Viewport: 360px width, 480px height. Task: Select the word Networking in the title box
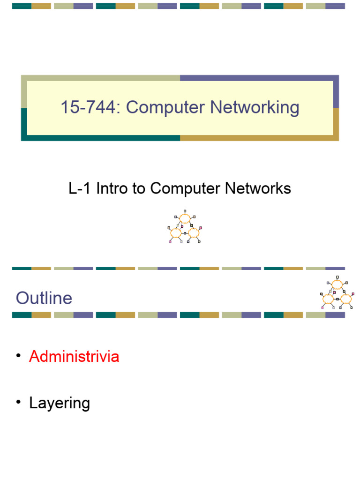click(x=255, y=108)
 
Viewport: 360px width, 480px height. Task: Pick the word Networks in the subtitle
click(x=258, y=188)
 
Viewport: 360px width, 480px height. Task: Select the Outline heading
click(x=44, y=298)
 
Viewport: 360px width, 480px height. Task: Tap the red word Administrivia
click(x=74, y=356)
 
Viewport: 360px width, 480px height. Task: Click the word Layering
click(x=60, y=403)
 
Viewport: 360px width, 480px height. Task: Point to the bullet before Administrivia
click(x=18, y=355)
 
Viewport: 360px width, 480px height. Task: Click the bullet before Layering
click(x=18, y=402)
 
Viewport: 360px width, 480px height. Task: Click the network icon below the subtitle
click(x=185, y=226)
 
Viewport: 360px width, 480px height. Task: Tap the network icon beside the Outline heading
click(x=337, y=292)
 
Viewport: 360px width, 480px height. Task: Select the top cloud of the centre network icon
click(x=185, y=218)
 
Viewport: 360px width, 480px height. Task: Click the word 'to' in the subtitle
click(x=139, y=188)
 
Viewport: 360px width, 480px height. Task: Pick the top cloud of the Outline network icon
click(x=337, y=285)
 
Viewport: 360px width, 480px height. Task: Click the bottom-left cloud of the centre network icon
click(x=176, y=233)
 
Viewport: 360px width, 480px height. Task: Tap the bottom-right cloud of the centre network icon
click(x=194, y=233)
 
